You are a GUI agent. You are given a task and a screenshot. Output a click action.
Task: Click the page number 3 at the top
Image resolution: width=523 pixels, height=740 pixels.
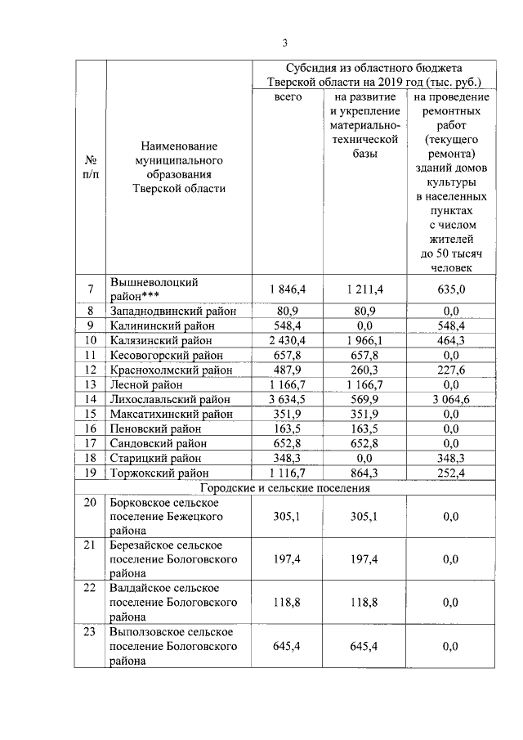[x=285, y=43]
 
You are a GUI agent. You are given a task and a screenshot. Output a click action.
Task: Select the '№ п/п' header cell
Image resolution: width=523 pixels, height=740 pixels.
[x=92, y=166]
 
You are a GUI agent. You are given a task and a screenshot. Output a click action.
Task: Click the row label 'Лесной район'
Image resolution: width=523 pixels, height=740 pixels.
[x=144, y=384]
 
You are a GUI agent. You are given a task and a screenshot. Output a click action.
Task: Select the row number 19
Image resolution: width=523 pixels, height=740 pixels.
[x=92, y=473]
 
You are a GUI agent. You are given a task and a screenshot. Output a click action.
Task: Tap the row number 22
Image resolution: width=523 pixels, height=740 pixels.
[x=90, y=588]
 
